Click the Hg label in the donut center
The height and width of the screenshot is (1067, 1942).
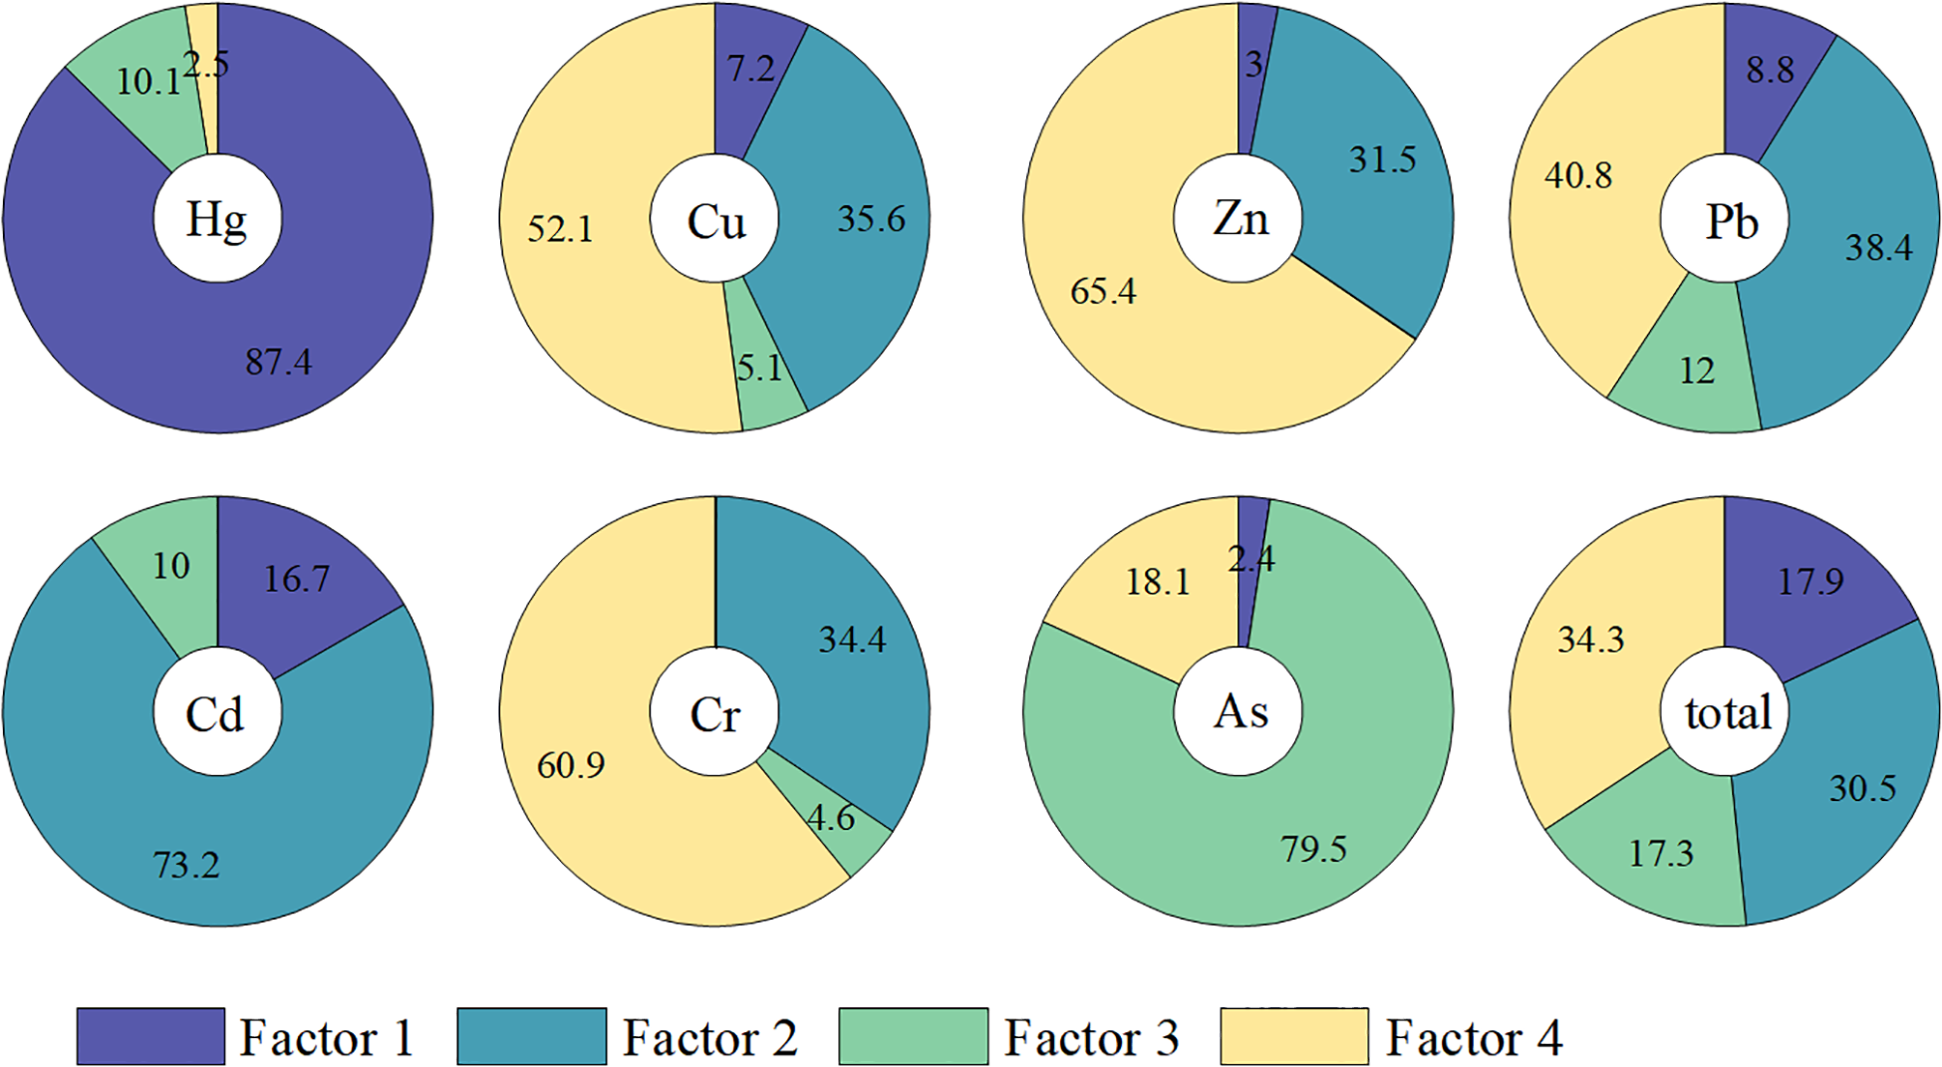(216, 219)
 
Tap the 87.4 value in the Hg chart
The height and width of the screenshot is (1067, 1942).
(278, 362)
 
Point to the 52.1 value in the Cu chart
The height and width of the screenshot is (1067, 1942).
(559, 230)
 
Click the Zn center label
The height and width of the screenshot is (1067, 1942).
(1240, 218)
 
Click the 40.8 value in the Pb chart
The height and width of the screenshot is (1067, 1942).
(1578, 176)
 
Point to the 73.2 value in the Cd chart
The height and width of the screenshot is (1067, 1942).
(186, 865)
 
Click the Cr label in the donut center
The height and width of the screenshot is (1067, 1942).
(714, 714)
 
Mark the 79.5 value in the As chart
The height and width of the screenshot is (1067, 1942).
(1313, 849)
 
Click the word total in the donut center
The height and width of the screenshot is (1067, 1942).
(1728, 713)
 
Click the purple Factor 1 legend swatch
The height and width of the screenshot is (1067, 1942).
(150, 1037)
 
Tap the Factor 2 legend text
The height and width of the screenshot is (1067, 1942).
(709, 1038)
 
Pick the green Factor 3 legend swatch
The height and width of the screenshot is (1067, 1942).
(913, 1037)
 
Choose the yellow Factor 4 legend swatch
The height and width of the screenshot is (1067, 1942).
(1294, 1037)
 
